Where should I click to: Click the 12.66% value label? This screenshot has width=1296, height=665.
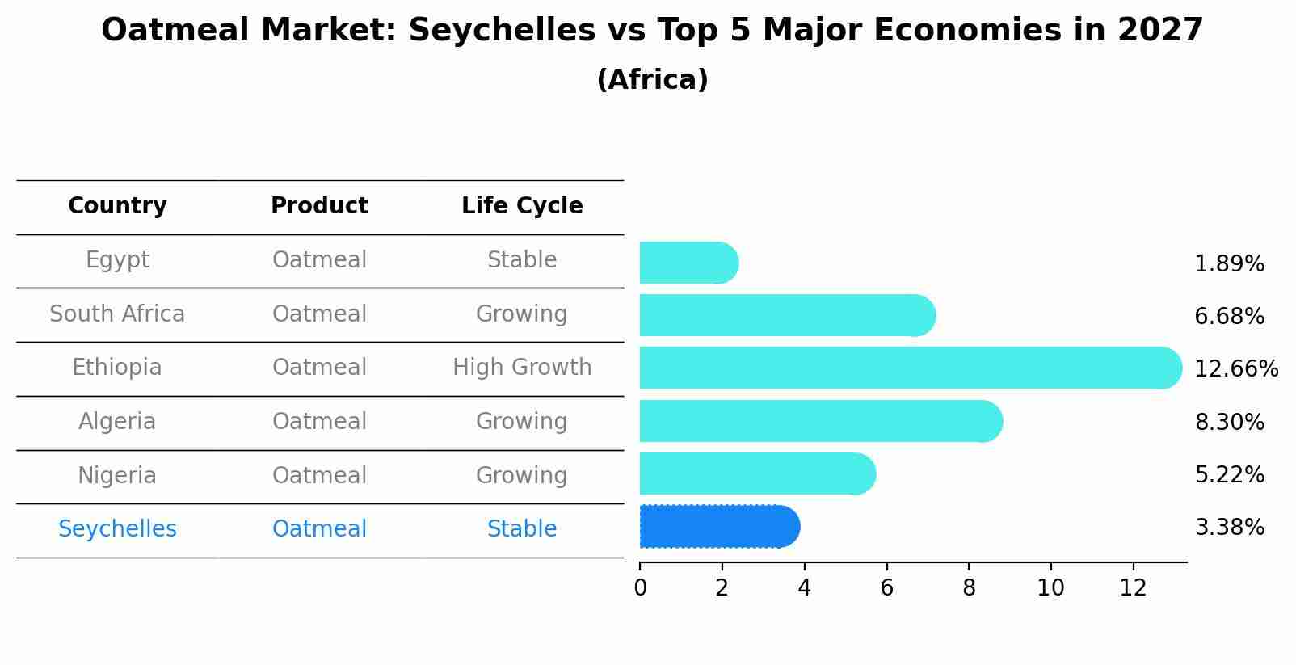point(1235,369)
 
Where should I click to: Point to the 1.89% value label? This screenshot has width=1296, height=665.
point(1229,264)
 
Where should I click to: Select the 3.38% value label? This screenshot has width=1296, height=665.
point(1229,528)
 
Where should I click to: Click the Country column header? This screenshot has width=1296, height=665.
point(117,206)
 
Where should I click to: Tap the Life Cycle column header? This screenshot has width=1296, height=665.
point(522,206)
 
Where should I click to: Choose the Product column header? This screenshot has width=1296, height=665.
point(319,206)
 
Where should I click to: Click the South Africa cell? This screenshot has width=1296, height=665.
point(117,314)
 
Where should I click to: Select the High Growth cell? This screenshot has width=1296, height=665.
point(522,368)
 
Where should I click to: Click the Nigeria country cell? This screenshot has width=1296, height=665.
point(117,475)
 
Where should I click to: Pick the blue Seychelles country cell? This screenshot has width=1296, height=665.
point(117,529)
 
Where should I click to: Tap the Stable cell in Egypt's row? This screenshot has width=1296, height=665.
point(522,260)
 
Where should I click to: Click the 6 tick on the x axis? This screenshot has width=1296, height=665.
point(886,588)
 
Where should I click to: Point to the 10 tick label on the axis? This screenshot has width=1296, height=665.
point(1050,588)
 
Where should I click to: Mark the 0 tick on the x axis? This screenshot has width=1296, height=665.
point(640,588)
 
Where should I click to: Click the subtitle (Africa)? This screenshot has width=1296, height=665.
point(652,80)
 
